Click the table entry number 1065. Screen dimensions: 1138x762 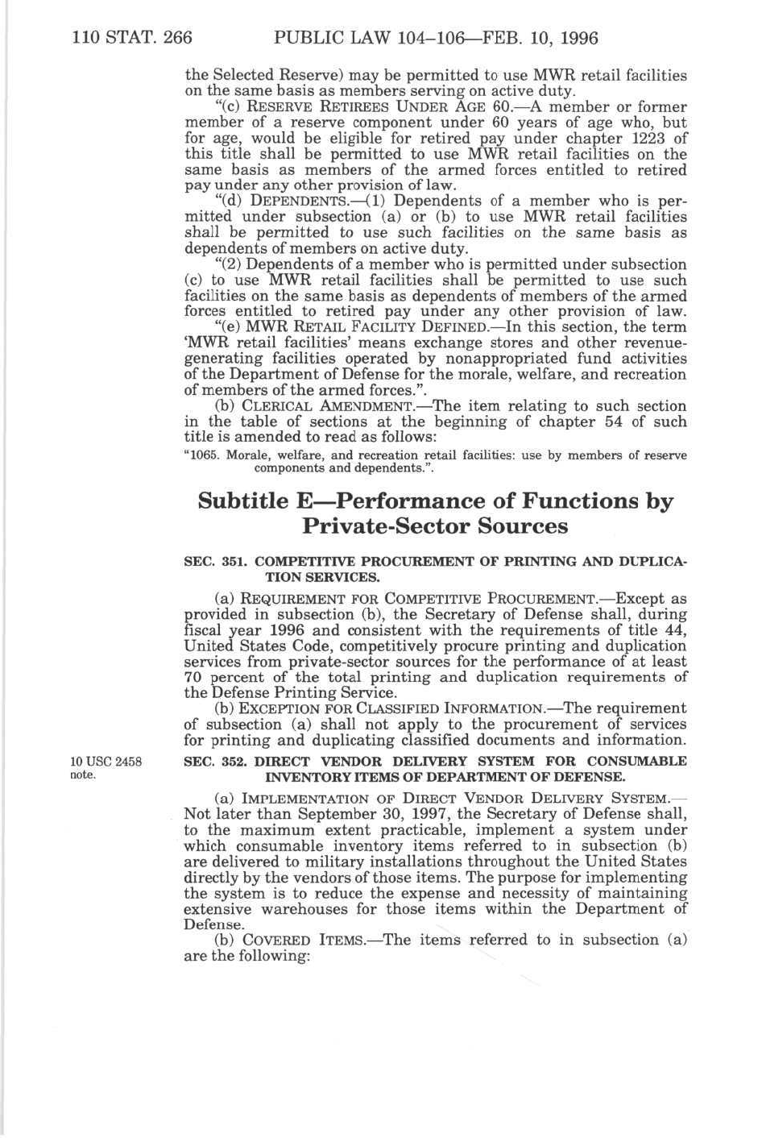coord(204,455)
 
